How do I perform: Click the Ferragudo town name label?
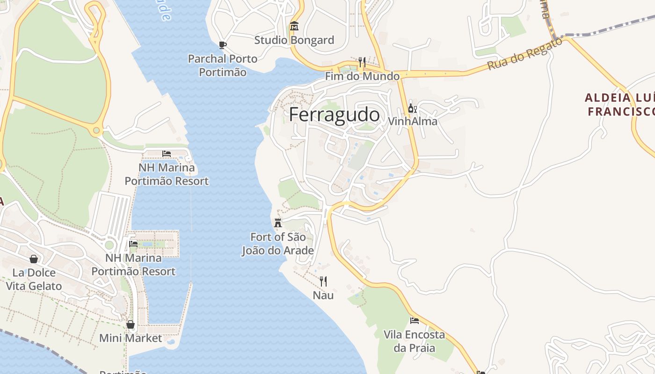coord(334,115)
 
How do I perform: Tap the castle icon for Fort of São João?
coord(278,223)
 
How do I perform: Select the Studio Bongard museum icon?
coord(294,26)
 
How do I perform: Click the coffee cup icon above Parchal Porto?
coord(223,45)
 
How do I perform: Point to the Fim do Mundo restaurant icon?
coord(362,62)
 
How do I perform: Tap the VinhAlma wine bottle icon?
coord(412,108)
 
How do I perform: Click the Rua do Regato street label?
coord(524,54)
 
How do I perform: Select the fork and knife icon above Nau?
coord(323,281)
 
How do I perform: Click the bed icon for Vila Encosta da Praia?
coord(414,321)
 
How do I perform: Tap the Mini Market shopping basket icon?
coord(131,324)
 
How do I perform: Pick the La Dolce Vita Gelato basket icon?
coord(34,259)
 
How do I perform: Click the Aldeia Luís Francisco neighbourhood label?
coord(619,104)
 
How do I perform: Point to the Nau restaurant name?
coord(323,295)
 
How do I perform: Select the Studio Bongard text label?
coord(294,40)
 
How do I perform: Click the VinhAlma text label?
coord(413,122)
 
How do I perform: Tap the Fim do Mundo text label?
coord(362,76)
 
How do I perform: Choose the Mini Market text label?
coord(131,338)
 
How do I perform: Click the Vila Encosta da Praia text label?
coord(414,341)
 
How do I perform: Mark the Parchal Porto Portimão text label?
coord(223,65)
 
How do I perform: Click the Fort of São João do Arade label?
coord(277,244)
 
